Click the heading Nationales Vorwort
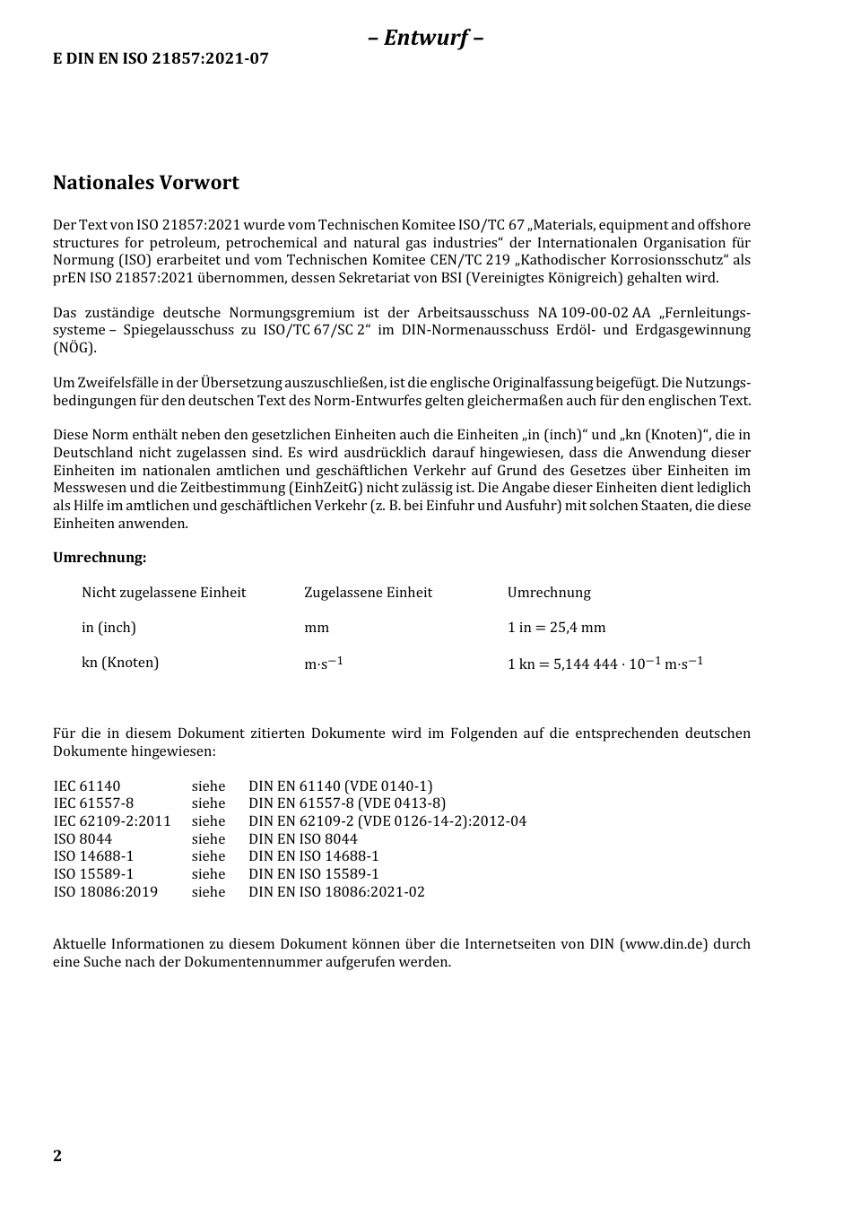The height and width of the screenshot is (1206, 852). (145, 183)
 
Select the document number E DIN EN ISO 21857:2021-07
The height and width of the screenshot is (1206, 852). (161, 59)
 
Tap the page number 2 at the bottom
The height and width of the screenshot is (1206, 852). (57, 1155)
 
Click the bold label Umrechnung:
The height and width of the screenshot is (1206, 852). (100, 558)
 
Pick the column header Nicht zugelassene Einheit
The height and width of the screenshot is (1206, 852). (163, 593)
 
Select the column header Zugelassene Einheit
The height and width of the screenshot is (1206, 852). (368, 593)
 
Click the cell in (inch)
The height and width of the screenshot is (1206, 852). (109, 628)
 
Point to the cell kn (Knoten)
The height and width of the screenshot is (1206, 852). (120, 663)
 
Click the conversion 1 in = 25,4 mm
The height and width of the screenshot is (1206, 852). (556, 628)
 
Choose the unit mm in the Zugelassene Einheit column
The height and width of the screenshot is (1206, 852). (317, 628)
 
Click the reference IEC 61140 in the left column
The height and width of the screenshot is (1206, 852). (87, 786)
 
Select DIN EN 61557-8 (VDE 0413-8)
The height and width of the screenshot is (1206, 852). (346, 803)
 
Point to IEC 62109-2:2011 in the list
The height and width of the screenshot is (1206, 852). (112, 821)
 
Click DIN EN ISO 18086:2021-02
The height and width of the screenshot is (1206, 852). (336, 892)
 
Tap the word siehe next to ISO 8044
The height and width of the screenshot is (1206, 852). (208, 839)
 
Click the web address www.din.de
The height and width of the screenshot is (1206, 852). (664, 944)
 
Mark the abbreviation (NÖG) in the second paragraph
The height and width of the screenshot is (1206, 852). (74, 348)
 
